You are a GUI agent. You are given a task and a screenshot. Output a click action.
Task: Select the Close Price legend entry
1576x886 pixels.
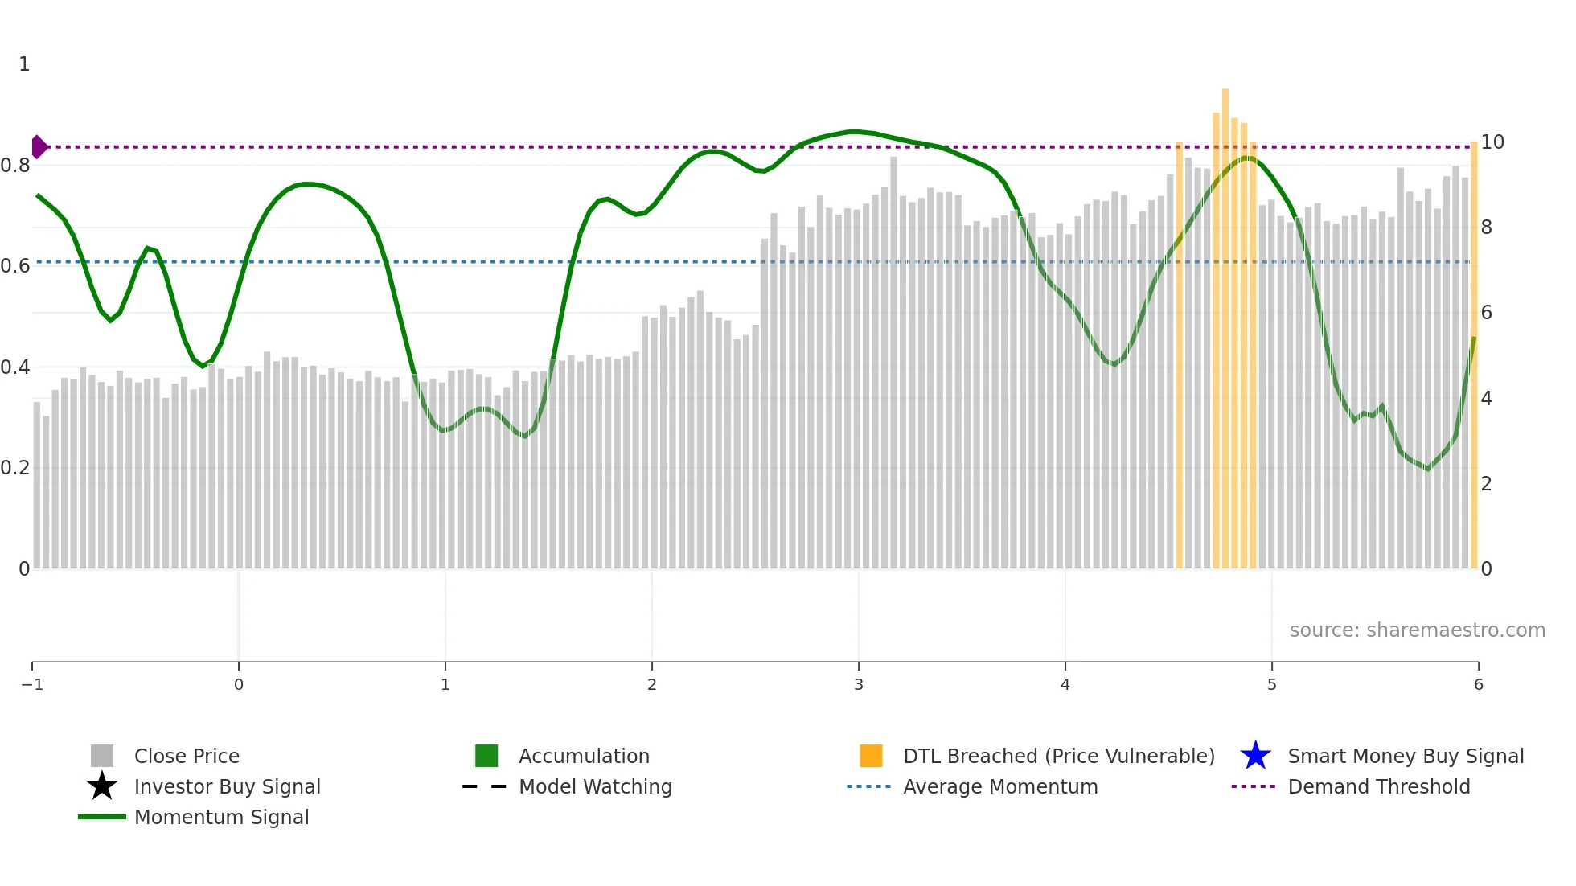tap(187, 756)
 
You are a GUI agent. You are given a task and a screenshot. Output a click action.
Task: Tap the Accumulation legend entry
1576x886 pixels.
tap(584, 756)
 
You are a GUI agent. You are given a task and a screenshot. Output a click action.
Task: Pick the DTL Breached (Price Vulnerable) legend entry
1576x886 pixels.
tap(1058, 756)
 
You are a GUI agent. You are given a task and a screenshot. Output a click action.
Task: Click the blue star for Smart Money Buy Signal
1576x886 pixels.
tap(1255, 756)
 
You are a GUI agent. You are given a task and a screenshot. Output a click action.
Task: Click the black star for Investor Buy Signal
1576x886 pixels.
tap(102, 786)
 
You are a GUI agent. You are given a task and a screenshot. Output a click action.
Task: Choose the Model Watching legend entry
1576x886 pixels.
tap(595, 786)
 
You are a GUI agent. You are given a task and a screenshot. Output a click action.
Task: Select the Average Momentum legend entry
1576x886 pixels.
tap(1000, 786)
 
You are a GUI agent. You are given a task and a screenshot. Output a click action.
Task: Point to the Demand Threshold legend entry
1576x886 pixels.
tap(1378, 786)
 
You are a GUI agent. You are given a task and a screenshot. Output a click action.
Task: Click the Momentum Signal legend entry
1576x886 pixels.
tap(221, 817)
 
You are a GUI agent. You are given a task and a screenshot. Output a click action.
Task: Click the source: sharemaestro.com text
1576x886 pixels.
tap(1417, 630)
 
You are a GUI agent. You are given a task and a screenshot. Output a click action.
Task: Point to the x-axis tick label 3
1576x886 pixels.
tap(859, 684)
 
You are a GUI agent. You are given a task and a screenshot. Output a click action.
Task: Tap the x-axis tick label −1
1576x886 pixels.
tap(32, 684)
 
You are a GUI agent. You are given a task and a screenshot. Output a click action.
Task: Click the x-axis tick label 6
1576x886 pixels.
tap(1478, 684)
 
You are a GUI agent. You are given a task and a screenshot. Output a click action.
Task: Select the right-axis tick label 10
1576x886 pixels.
tap(1492, 142)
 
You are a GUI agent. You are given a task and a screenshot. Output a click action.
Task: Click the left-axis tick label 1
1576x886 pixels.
tap(24, 64)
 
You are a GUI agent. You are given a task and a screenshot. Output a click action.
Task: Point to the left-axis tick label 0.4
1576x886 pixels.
tap(15, 367)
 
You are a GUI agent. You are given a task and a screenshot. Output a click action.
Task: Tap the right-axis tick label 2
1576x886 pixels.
tap(1487, 484)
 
